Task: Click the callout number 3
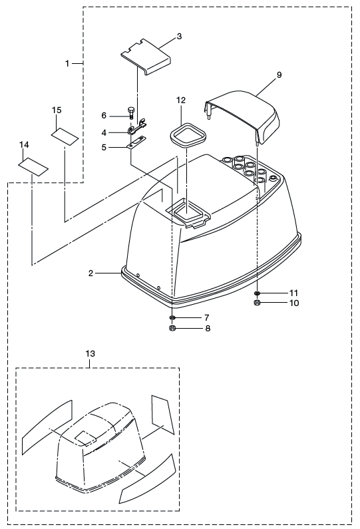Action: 179,36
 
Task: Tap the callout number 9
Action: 279,75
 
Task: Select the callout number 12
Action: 181,100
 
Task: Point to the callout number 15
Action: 57,110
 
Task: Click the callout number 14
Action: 25,145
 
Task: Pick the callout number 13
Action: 90,353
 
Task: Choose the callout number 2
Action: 90,273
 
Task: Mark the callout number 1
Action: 67,63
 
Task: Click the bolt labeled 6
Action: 131,112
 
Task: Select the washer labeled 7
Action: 172,318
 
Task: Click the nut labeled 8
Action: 172,328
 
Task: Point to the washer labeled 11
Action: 258,293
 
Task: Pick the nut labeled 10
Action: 257,303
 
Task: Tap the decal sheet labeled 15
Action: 65,136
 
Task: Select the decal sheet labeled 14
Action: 33,166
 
